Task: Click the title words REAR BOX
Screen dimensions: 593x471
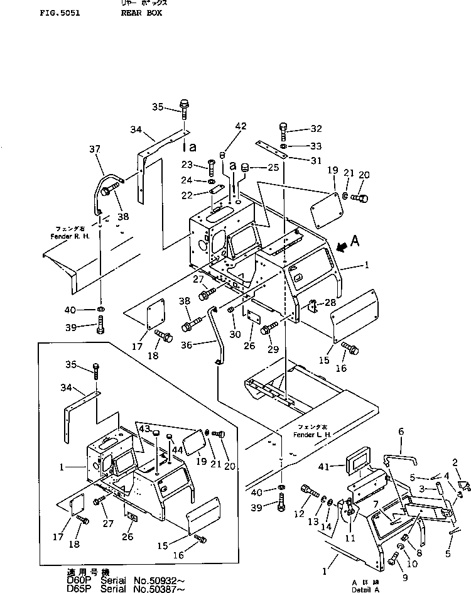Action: (x=137, y=13)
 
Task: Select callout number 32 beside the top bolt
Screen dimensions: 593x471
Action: (x=315, y=129)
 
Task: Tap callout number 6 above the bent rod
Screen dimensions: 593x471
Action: (x=401, y=432)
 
